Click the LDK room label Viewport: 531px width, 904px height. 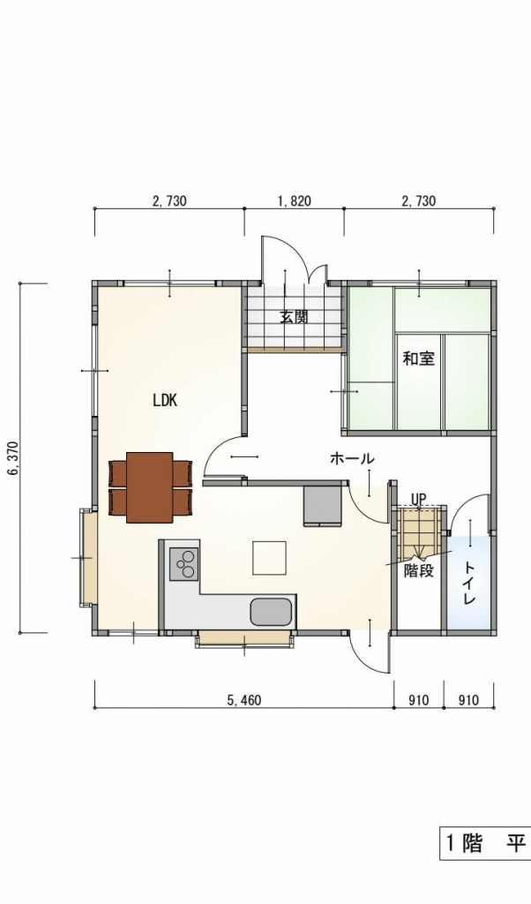[165, 401]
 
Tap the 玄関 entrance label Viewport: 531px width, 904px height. [294, 317]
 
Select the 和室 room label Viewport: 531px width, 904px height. [418, 358]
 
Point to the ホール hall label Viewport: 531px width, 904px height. [352, 459]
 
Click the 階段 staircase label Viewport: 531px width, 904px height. [419, 571]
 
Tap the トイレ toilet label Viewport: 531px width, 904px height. [468, 583]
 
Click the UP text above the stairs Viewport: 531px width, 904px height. [418, 499]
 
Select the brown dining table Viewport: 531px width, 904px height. [150, 487]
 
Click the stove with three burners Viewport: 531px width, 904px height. [183, 563]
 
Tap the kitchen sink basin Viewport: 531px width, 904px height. [271, 612]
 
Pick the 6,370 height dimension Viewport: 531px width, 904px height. [12, 459]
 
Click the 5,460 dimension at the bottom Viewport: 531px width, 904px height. [244, 700]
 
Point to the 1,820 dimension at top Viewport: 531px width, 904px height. [294, 201]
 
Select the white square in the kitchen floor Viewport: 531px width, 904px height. [270, 558]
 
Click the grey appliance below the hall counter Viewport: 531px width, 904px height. [323, 506]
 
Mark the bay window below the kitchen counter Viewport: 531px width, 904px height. [244, 639]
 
